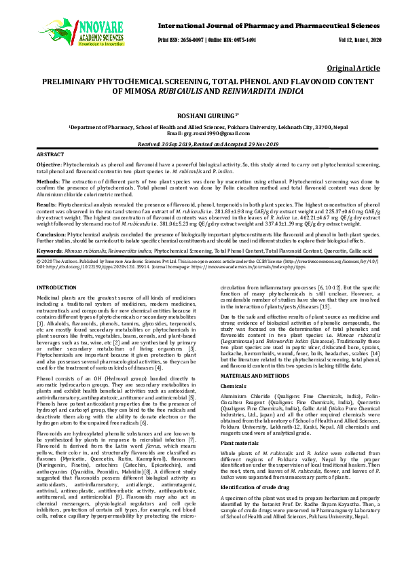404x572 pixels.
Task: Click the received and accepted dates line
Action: point(202,145)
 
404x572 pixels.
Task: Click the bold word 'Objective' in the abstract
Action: point(48,165)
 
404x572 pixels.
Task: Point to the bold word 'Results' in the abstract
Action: point(46,204)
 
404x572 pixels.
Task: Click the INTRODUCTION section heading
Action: point(56,289)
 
